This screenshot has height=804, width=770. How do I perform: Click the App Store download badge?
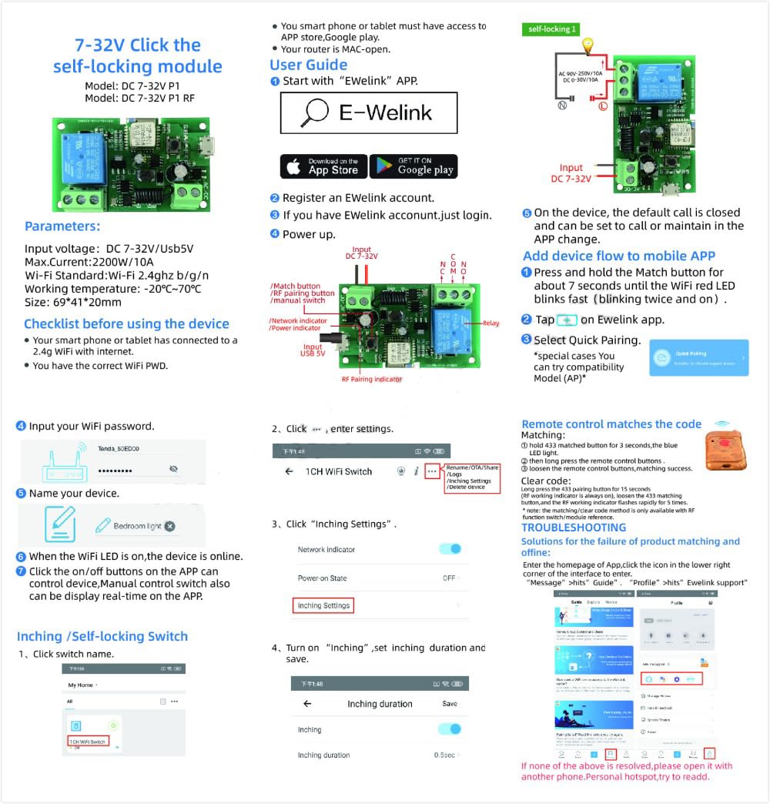click(323, 166)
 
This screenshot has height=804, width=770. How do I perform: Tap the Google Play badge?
click(413, 166)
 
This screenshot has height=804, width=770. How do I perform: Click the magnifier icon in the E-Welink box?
click(314, 112)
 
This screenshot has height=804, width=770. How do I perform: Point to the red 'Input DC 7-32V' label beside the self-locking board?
click(571, 173)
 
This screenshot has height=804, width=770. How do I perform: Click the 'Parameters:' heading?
click(62, 226)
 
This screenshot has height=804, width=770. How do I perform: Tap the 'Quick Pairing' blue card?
click(698, 358)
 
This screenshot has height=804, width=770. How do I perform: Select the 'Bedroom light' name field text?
click(137, 526)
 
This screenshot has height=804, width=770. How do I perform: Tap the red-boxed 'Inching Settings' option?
click(324, 606)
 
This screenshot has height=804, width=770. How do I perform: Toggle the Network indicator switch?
click(450, 549)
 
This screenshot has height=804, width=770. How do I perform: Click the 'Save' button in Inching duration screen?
click(450, 704)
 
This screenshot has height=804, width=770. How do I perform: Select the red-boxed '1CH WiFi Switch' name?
click(88, 742)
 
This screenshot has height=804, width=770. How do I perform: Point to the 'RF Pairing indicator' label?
click(371, 380)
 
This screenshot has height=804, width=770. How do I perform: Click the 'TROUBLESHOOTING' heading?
click(574, 528)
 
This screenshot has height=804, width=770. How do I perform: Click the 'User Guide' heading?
click(308, 65)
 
